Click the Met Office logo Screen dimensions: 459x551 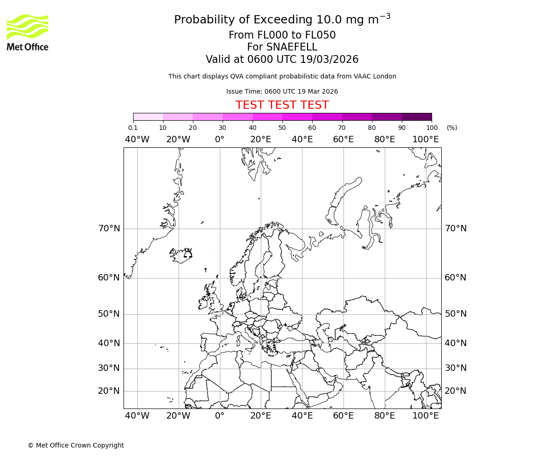click(x=28, y=32)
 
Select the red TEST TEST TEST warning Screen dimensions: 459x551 click(x=282, y=105)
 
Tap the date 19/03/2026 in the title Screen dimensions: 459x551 click(x=329, y=60)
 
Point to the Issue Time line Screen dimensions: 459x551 click(x=282, y=91)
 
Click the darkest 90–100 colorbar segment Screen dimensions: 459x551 click(x=416, y=117)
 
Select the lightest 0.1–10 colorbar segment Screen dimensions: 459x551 click(x=148, y=117)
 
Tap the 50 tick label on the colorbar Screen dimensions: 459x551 click(x=282, y=128)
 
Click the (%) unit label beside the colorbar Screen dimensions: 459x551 click(x=452, y=128)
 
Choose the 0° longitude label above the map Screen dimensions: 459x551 click(x=219, y=140)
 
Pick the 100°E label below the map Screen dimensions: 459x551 click(x=425, y=416)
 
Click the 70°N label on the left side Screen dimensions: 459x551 click(x=109, y=229)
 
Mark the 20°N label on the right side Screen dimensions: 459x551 click(x=455, y=391)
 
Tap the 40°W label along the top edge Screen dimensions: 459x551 click(x=137, y=140)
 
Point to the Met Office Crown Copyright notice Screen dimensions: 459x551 click(x=76, y=445)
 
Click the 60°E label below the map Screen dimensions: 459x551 click(x=343, y=416)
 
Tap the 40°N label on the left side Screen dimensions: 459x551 click(x=109, y=343)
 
